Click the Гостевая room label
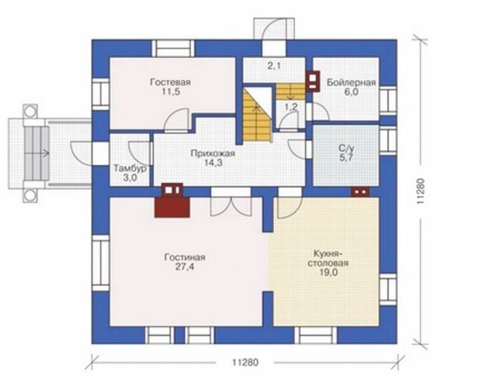(x=170, y=82)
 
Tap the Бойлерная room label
(x=351, y=83)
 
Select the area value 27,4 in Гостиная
(x=185, y=267)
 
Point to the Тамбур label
(x=130, y=169)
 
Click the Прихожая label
(x=213, y=153)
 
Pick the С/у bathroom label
(x=346, y=148)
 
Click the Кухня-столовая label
(x=328, y=258)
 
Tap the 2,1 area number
(x=274, y=66)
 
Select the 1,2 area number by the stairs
(x=292, y=107)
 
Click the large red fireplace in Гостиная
(x=172, y=207)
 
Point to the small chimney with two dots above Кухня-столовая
(x=361, y=192)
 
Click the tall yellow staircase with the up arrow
(x=257, y=115)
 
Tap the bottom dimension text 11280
(x=245, y=362)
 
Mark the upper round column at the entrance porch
(x=31, y=112)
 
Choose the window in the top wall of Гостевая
(x=173, y=49)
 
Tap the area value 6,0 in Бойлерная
(x=352, y=92)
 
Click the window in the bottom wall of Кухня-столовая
(x=316, y=335)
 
